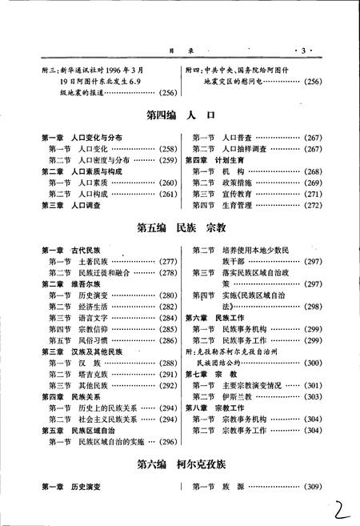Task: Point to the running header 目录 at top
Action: tap(182, 50)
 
